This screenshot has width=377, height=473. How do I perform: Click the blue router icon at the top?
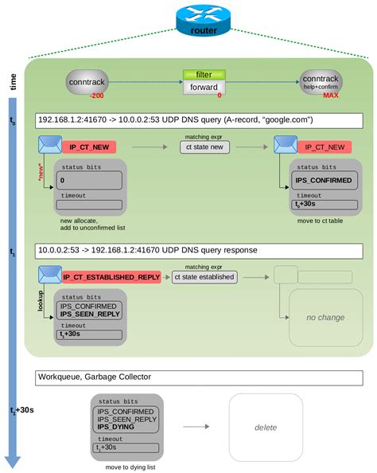(x=204, y=20)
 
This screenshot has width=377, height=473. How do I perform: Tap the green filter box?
(x=204, y=74)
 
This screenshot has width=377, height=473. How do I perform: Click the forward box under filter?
(x=204, y=88)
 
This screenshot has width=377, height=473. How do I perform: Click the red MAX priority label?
(x=329, y=96)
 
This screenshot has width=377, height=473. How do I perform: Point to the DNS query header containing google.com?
(x=199, y=120)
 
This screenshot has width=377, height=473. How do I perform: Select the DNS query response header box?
(x=199, y=250)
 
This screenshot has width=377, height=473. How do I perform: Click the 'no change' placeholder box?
(x=325, y=317)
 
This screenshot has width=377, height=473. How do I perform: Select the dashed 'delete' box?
(x=266, y=427)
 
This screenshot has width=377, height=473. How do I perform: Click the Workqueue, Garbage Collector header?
(x=199, y=377)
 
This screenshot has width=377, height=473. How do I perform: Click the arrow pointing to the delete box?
(x=195, y=427)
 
